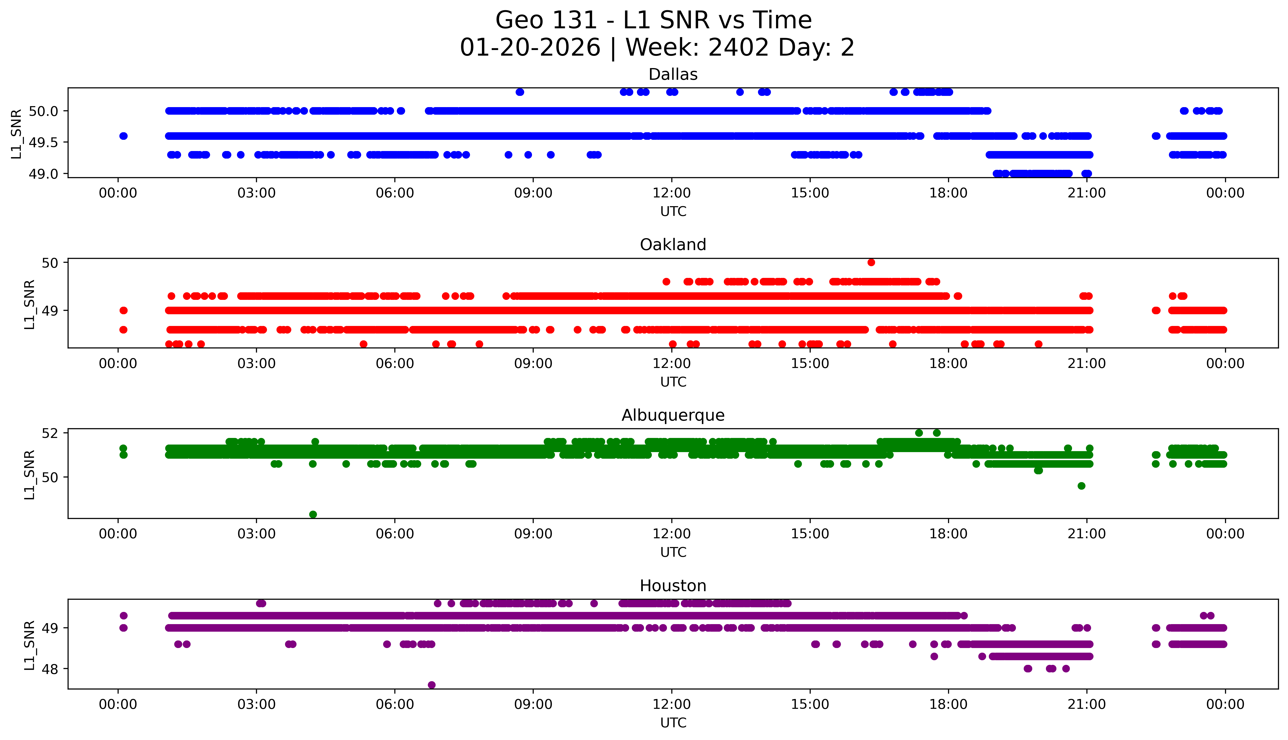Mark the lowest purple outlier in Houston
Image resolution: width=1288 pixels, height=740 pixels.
pos(431,685)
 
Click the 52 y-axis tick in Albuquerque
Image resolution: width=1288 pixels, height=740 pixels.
pos(51,433)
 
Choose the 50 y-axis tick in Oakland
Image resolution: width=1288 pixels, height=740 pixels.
pos(51,263)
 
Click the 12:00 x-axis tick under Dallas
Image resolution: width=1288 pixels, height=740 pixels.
pos(671,193)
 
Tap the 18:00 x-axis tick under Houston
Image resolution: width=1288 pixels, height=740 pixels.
pos(949,704)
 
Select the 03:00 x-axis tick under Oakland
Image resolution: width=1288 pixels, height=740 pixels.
pos(256,363)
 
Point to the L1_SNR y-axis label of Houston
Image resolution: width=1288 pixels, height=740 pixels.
pos(30,644)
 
